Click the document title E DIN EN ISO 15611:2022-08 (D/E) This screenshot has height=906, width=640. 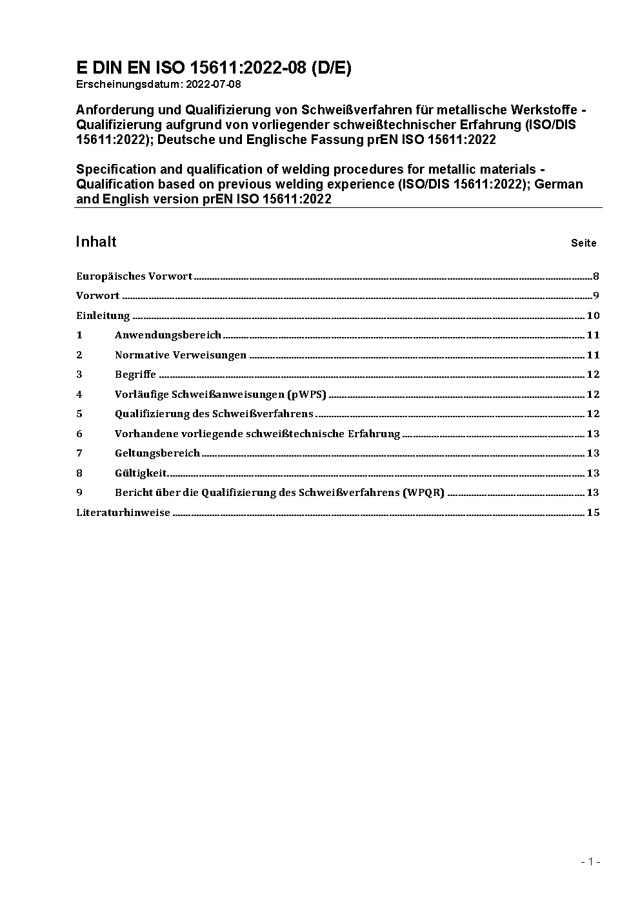214,68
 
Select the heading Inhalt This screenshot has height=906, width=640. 96,242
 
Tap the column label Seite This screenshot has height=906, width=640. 583,243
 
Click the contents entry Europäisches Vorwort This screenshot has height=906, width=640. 134,276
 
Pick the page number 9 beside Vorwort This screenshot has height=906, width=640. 596,296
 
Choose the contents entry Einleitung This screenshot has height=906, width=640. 103,316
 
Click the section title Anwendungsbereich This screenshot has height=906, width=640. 168,335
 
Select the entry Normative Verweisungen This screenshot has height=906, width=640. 181,355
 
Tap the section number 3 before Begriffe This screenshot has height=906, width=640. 79,375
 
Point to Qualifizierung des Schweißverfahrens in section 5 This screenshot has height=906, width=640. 214,414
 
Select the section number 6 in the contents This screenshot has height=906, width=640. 79,434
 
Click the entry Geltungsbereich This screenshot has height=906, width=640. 157,453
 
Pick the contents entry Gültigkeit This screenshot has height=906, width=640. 141,473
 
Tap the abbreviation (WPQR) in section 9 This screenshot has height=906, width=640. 424,493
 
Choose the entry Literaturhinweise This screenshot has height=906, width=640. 123,513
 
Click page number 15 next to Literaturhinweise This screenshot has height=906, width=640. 593,513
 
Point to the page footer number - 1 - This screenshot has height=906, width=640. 590,861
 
